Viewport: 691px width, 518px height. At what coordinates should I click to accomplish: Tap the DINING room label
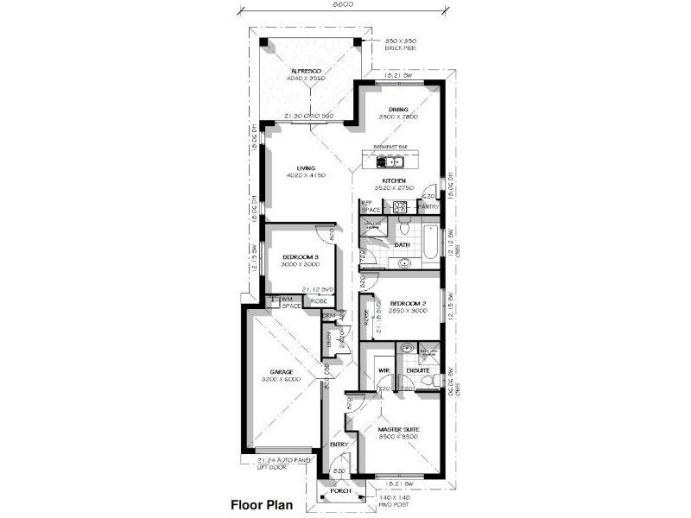397,109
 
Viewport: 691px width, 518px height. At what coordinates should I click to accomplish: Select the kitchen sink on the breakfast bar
393,160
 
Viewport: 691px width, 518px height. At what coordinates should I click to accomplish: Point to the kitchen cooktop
400,207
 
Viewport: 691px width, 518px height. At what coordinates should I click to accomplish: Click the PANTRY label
428,207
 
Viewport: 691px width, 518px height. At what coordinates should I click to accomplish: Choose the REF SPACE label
371,207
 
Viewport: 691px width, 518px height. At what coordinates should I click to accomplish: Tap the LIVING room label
305,168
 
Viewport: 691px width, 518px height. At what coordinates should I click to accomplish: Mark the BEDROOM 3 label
301,256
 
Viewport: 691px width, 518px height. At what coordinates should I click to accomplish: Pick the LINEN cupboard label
328,341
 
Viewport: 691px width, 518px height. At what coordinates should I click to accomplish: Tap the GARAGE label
280,372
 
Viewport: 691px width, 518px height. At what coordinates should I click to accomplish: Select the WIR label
383,371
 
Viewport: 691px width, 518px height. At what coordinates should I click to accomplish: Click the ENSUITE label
419,371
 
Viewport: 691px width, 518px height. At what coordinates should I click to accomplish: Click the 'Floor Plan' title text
263,504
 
